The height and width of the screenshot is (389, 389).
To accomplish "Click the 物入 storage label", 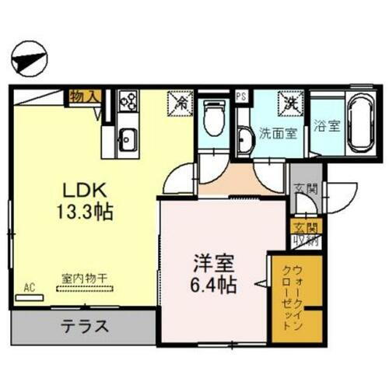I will [x=83, y=97].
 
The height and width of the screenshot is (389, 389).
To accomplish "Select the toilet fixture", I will [x=210, y=121].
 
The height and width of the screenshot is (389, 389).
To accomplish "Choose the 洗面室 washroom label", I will [x=277, y=133].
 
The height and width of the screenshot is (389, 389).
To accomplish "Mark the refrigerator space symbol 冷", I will [x=180, y=102].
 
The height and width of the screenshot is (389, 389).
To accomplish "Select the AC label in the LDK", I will [x=30, y=287].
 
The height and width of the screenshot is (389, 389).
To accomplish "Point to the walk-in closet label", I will [x=284, y=299].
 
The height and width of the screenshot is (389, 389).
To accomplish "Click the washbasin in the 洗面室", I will [x=244, y=139].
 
